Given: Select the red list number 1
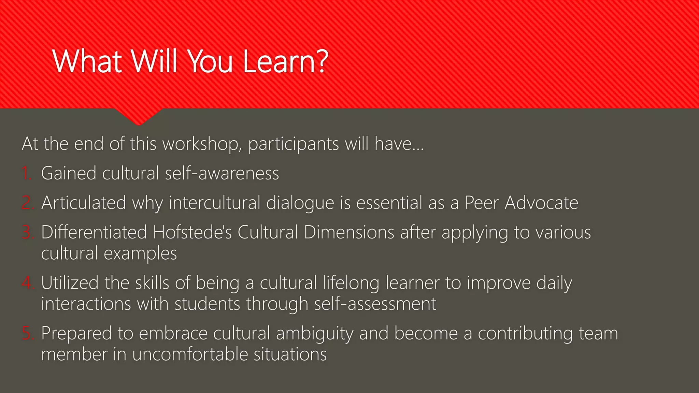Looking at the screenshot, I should point(27,173).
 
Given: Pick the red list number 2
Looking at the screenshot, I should point(27,203).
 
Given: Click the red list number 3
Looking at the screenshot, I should point(27,232).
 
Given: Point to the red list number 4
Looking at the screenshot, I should point(27,283).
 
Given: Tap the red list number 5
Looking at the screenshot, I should point(27,333).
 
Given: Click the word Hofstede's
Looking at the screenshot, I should point(192,232).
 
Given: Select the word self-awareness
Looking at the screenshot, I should point(222,173).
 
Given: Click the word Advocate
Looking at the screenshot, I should point(541,203).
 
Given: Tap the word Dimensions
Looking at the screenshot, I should point(349,232).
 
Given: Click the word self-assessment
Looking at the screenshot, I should point(375,304).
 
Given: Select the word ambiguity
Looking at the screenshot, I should point(314,334).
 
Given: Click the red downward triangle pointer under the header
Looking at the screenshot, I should point(139,116).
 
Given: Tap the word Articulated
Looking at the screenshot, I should point(84,203).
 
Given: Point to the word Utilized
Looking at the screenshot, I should point(70,283).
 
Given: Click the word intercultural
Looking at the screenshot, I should point(215,203).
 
